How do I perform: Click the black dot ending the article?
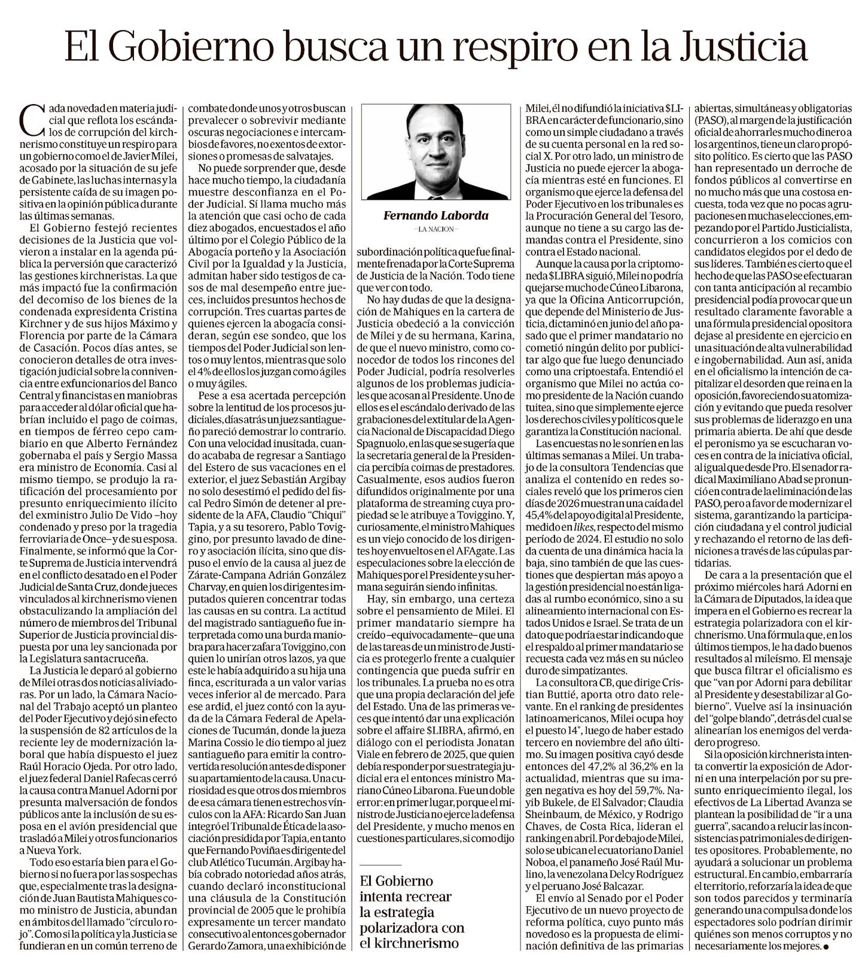(826, 946)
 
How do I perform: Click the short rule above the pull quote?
(381, 865)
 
